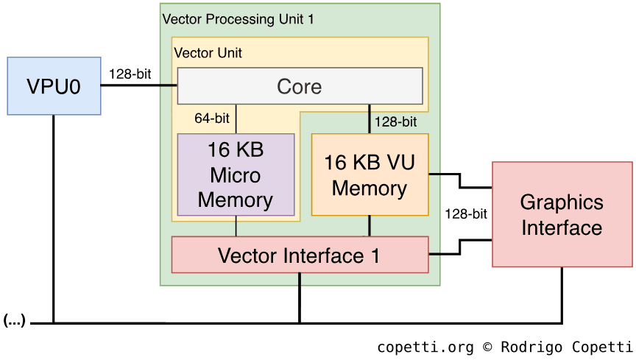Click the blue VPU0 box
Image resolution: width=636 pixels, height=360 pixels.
53,86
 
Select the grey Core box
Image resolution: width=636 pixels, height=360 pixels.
300,86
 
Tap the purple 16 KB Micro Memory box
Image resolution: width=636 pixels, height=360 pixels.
236,174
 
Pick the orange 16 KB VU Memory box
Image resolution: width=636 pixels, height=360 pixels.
370,174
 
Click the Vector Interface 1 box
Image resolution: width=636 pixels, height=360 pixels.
300,255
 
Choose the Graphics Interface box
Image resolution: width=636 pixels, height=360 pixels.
562,214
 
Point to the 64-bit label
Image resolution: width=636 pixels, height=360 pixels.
212,119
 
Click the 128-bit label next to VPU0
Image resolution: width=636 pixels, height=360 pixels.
130,74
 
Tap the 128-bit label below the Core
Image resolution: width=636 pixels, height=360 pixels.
396,121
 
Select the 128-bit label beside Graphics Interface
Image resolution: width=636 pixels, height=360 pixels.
466,214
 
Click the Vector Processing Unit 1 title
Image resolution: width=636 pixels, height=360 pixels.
237,19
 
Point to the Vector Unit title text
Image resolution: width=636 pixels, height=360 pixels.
208,53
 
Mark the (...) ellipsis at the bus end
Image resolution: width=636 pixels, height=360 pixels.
14,320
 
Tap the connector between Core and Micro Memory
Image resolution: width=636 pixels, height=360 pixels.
236,119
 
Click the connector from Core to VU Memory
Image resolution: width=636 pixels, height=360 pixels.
370,119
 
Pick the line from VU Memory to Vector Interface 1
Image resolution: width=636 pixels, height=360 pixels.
370,226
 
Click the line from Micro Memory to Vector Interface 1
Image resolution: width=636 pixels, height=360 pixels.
236,226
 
